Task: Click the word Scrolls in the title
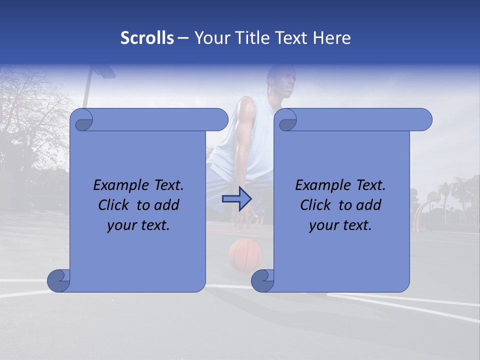(x=147, y=38)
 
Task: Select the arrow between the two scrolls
(x=236, y=198)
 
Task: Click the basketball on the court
(x=245, y=254)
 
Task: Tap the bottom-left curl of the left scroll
(x=57, y=280)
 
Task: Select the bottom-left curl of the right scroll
(x=261, y=280)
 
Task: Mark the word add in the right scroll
(x=369, y=205)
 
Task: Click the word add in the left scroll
(x=167, y=205)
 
